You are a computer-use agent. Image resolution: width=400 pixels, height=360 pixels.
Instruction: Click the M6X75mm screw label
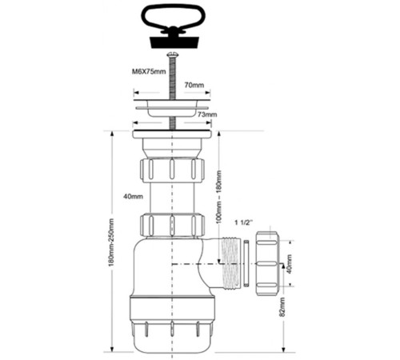(x=149, y=71)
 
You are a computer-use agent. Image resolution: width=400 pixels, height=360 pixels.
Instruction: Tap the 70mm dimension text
(x=194, y=85)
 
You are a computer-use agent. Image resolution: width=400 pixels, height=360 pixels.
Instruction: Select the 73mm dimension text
(x=207, y=114)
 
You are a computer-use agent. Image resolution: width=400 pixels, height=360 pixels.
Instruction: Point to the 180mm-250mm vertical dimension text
(x=111, y=242)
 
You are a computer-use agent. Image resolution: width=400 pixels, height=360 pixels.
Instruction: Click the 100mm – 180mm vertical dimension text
(x=218, y=197)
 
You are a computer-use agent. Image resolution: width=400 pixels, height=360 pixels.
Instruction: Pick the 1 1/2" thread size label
(x=243, y=222)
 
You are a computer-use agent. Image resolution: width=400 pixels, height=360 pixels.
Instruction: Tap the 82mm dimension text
(x=282, y=307)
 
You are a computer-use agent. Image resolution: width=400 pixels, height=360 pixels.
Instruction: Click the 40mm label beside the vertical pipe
(x=133, y=197)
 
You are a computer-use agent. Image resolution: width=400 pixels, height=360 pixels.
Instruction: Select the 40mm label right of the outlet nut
(x=289, y=264)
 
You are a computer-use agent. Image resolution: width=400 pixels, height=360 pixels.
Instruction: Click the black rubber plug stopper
(x=174, y=42)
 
